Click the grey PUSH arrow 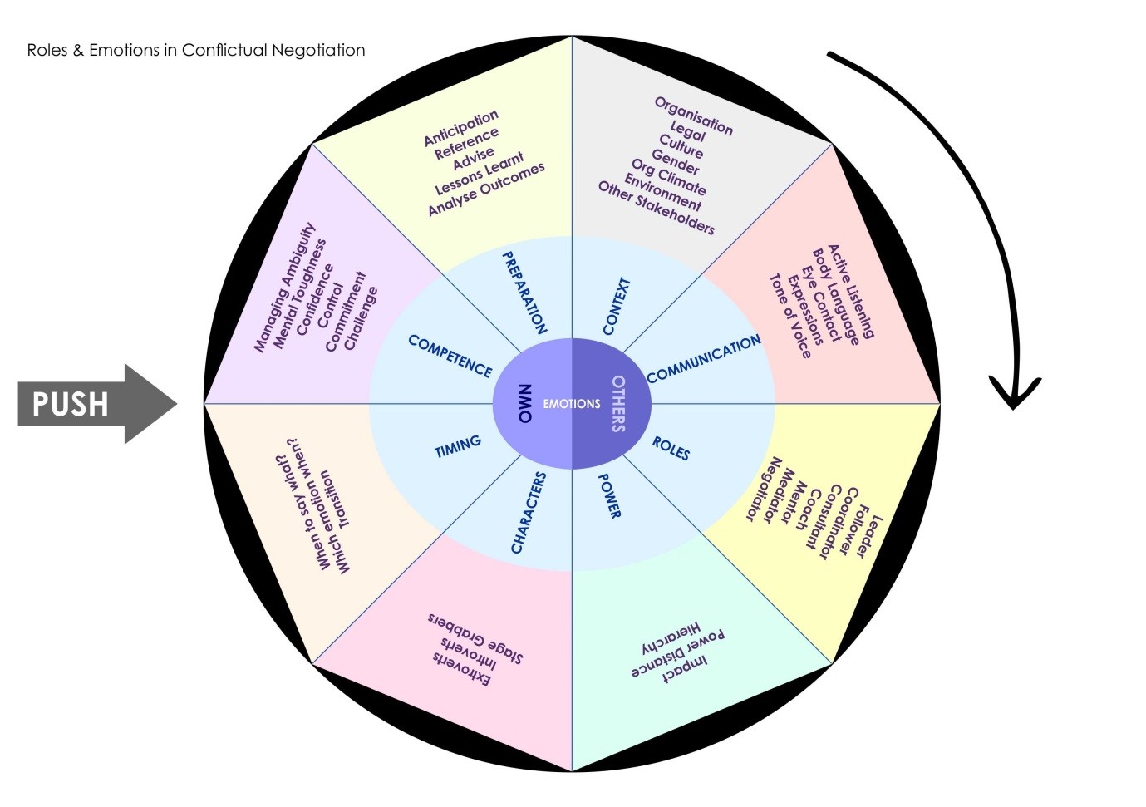coord(91,404)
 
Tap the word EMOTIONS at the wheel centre coord(571,404)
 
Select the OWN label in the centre coord(524,404)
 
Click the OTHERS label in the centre coord(618,404)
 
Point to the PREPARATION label coord(524,293)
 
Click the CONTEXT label coord(616,307)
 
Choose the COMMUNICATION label coord(703,359)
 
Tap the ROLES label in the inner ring coord(670,448)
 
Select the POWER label coord(609,496)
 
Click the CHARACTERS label coord(529,512)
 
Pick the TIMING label coord(457,446)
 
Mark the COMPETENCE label coord(450,356)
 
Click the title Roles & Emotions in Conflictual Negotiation coord(196,50)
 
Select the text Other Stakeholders coord(656,208)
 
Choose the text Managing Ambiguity coord(285,287)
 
